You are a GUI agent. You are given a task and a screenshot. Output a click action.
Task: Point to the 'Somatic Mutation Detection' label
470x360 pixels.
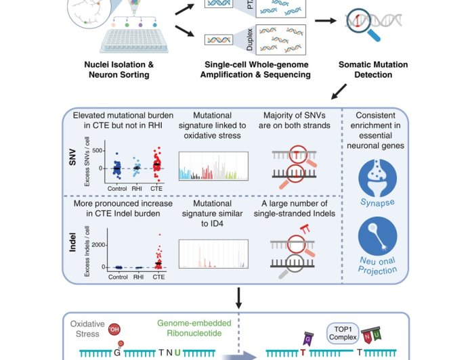(373, 70)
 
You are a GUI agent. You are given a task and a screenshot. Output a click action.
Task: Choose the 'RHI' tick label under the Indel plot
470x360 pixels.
(138, 276)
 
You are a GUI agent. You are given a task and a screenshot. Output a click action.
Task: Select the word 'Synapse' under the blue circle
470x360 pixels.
(378, 202)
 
